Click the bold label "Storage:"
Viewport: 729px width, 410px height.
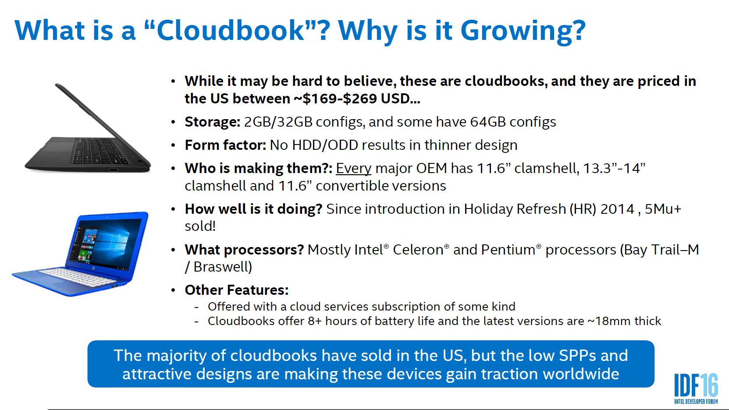pyautogui.click(x=213, y=122)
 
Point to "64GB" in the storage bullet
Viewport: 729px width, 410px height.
pyautogui.click(x=488, y=122)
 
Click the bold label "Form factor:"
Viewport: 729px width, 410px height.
pyautogui.click(x=225, y=145)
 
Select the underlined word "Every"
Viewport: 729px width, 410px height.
pyautogui.click(x=353, y=169)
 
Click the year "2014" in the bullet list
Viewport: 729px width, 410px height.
pyautogui.click(x=617, y=209)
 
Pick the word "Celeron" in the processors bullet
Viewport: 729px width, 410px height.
pyautogui.click(x=418, y=250)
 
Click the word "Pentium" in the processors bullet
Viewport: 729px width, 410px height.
pyautogui.click(x=508, y=250)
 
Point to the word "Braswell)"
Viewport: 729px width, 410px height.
pyautogui.click(x=223, y=267)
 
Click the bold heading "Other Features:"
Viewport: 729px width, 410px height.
pyautogui.click(x=237, y=290)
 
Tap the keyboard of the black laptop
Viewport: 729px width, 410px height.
pyautogui.click(x=99, y=151)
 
